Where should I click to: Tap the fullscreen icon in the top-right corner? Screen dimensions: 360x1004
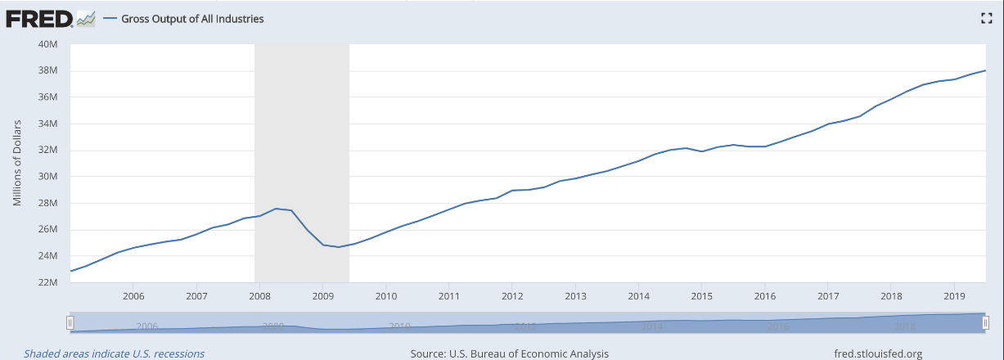986,19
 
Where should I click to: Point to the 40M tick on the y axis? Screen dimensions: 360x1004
47,44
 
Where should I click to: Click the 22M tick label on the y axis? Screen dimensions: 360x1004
47,282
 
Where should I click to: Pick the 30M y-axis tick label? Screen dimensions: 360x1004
47,177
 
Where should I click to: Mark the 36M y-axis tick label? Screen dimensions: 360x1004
47,97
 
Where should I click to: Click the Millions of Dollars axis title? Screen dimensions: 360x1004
17,164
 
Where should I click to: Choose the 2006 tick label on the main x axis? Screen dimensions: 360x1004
133,295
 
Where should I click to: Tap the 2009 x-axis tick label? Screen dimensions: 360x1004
322,295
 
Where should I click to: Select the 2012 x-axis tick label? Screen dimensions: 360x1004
512,295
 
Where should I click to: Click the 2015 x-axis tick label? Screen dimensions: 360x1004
701,295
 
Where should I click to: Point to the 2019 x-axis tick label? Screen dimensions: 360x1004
954,295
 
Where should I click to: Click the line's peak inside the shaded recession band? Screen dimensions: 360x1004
276,209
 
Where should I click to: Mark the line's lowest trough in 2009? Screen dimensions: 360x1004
338,247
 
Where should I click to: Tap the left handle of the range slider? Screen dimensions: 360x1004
70,323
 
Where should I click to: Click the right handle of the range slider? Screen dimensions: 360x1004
986,323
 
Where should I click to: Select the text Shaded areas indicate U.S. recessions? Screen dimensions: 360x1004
115,353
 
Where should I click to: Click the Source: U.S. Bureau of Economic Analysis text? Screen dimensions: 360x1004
510,353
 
